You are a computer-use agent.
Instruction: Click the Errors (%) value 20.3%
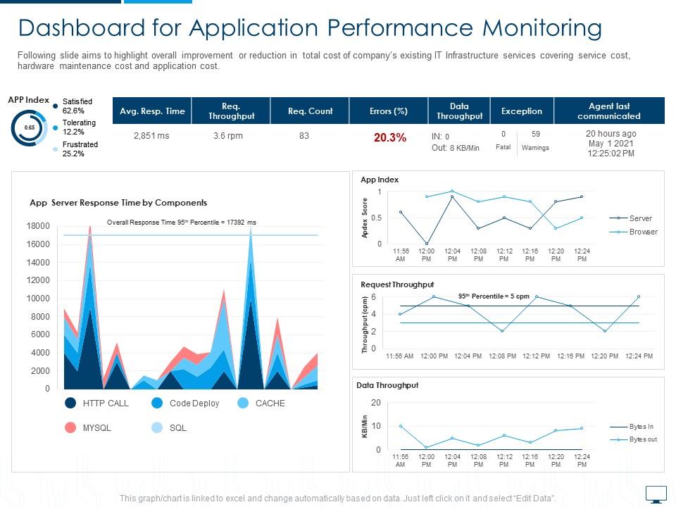point(389,138)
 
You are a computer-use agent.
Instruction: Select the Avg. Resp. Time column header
point(152,111)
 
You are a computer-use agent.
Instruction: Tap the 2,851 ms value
point(151,136)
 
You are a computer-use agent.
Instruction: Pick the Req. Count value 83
point(303,136)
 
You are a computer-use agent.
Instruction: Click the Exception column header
point(521,111)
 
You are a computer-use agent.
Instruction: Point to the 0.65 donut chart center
point(30,127)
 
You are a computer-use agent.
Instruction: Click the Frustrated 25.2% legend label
point(80,149)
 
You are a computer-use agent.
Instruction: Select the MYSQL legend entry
point(96,427)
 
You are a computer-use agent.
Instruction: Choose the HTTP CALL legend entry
point(105,403)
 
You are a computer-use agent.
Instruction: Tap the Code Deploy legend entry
point(194,403)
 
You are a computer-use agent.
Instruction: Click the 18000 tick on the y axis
point(38,226)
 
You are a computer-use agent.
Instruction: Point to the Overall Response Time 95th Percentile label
point(181,223)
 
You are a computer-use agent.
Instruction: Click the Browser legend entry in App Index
point(643,232)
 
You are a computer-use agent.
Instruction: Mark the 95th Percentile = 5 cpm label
point(494,296)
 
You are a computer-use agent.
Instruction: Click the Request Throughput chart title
point(397,284)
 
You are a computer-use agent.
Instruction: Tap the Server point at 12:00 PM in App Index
point(427,244)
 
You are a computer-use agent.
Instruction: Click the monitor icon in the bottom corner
point(656,494)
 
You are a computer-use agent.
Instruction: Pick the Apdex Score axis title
point(365,218)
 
